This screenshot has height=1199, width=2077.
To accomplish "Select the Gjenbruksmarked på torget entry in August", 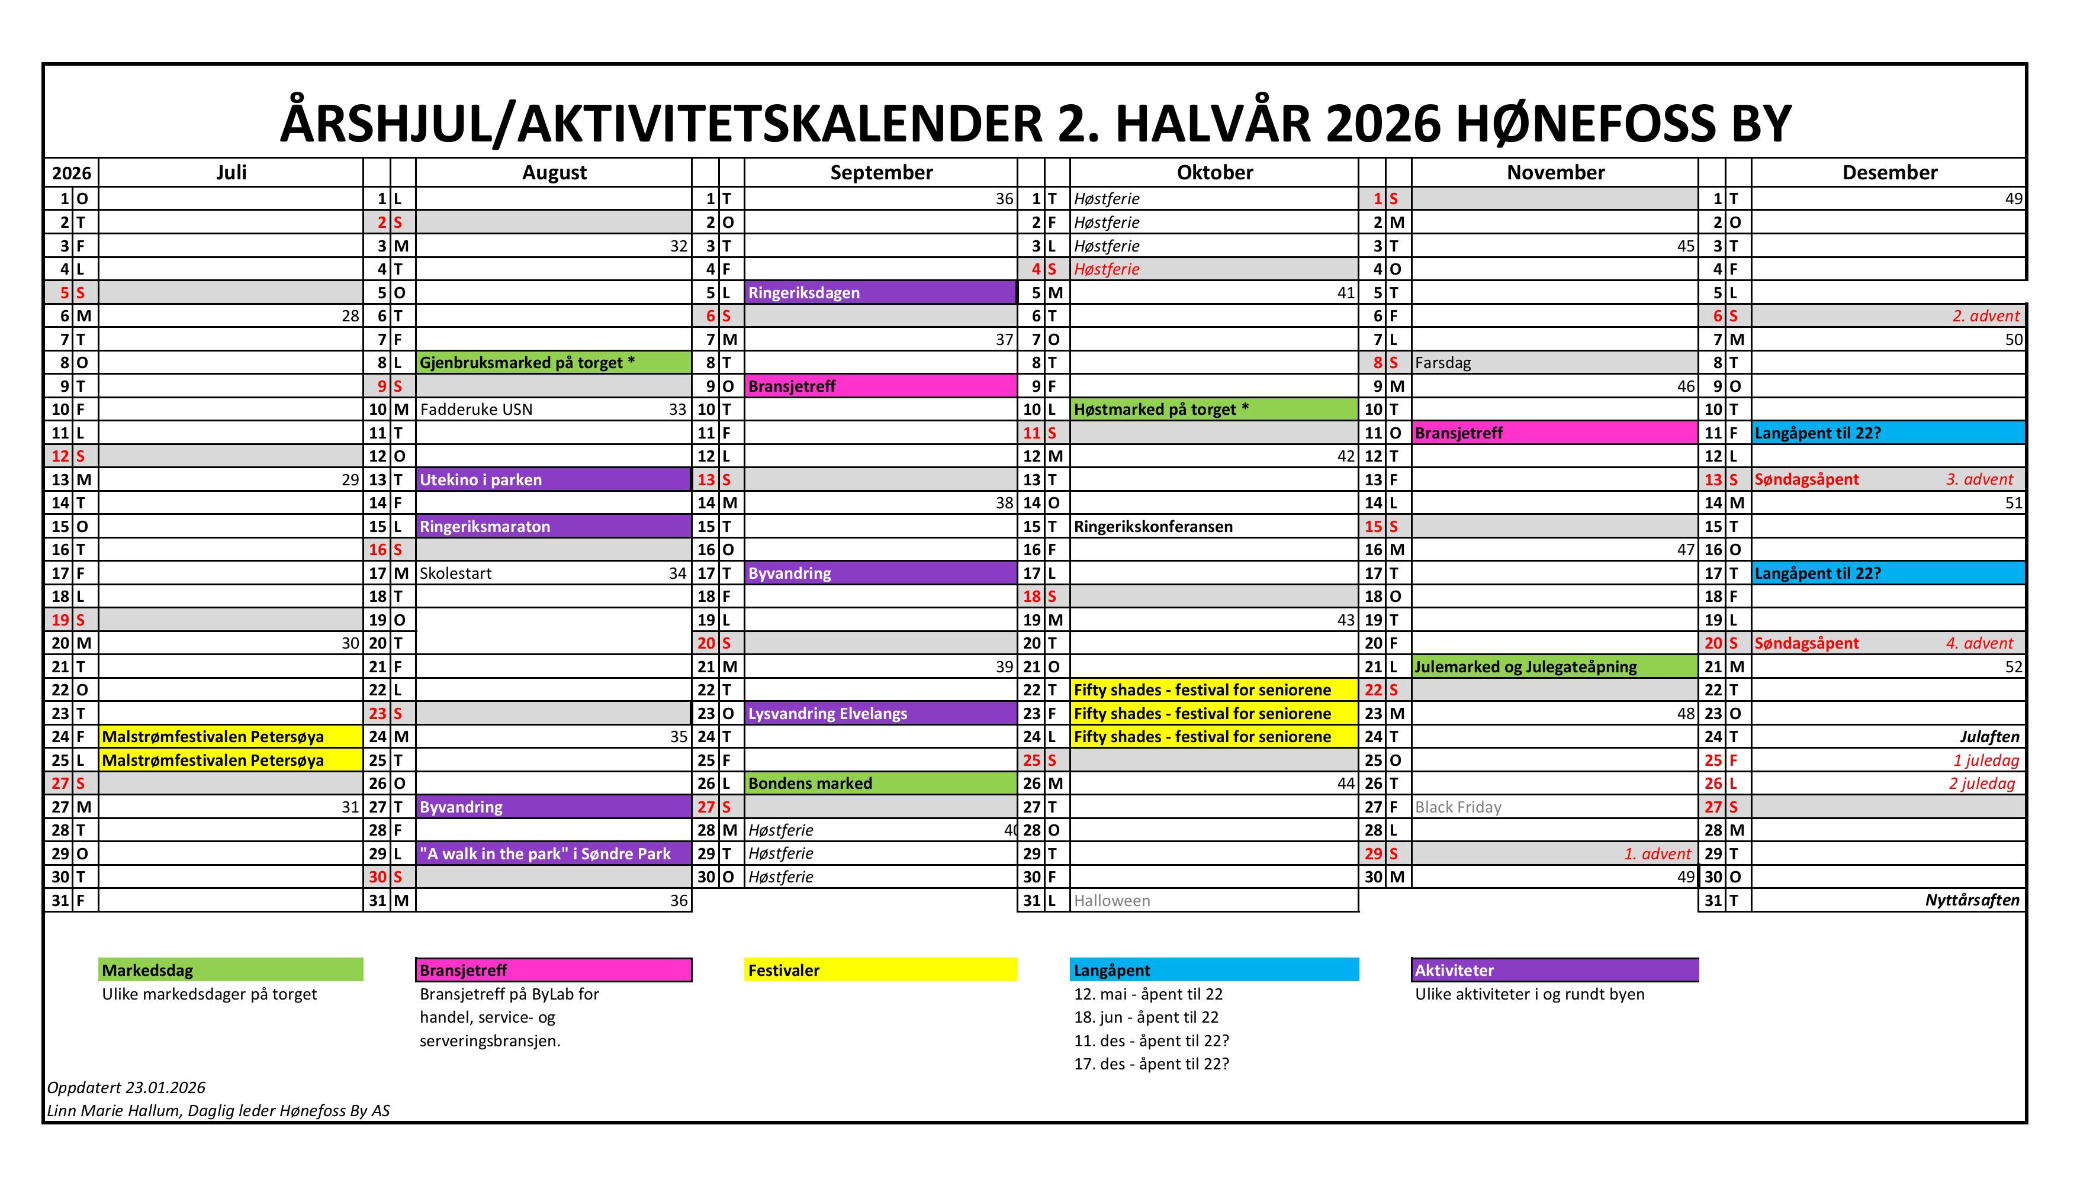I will [x=528, y=362].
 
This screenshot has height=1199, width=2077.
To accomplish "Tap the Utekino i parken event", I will [x=481, y=479].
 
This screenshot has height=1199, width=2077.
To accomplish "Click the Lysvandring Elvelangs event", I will [x=827, y=713].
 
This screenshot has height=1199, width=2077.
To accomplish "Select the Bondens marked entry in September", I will [x=810, y=783].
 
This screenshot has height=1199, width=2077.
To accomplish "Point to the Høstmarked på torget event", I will [x=1161, y=410].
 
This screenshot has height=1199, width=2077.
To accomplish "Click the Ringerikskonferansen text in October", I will [x=1153, y=526].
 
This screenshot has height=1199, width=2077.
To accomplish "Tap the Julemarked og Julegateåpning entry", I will [x=1526, y=666].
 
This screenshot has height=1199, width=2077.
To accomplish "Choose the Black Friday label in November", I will [x=1458, y=807].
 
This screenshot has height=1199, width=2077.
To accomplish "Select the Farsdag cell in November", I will [x=1443, y=362].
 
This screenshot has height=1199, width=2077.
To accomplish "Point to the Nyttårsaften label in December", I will [x=1972, y=900].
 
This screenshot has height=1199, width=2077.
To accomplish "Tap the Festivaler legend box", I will [x=880, y=970].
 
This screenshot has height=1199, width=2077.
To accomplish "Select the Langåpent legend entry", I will [x=1214, y=970].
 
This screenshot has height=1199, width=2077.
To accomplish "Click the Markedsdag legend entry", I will [x=231, y=970].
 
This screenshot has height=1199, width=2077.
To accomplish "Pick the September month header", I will [x=881, y=172].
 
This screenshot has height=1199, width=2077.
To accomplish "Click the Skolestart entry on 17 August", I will [x=456, y=573].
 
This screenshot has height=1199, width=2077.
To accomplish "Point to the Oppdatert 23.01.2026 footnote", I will [x=126, y=1088].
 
